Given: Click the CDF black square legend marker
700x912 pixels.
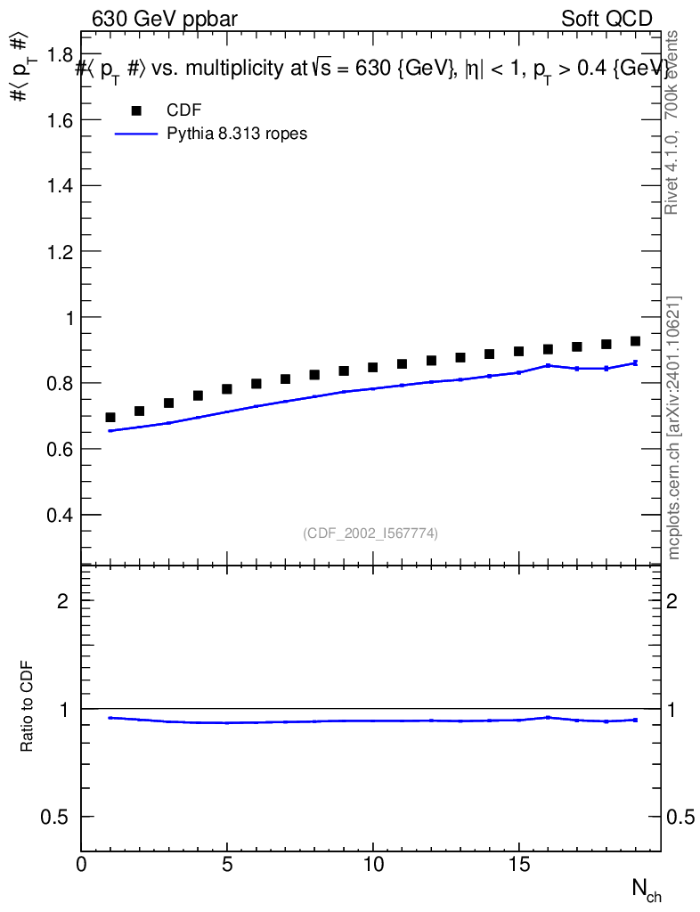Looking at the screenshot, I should (x=136, y=110).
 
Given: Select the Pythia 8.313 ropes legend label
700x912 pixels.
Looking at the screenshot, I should (x=237, y=134).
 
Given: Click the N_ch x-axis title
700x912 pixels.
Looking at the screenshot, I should (x=646, y=889).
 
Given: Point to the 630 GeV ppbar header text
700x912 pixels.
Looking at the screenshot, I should (x=165, y=19).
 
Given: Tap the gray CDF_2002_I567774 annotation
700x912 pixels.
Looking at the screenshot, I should (x=370, y=533).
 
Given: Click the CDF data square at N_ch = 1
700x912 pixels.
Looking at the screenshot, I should (x=110, y=418).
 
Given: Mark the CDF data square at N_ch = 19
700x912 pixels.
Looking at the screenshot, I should (x=636, y=341).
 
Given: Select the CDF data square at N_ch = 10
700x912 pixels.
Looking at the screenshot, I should (x=373, y=367).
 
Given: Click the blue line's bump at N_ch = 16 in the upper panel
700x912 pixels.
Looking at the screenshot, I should (x=549, y=365).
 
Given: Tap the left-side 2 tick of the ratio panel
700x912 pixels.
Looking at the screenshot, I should (x=62, y=601).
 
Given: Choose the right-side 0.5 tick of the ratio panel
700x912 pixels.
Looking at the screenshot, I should (x=680, y=818).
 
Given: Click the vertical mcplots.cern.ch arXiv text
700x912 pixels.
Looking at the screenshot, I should (x=674, y=427).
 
